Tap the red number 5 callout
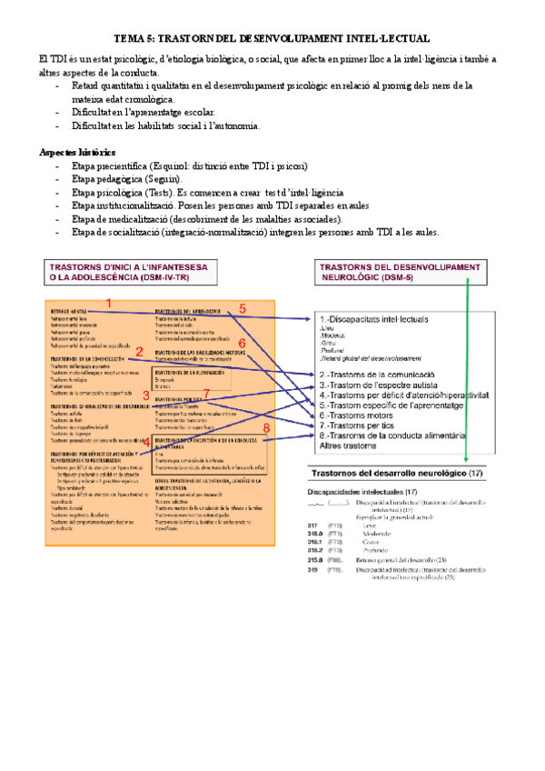pos(243,308)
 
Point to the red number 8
pos(266,427)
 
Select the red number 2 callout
pos(138,351)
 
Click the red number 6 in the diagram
pos(243,343)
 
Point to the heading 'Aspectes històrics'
pos(77,151)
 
